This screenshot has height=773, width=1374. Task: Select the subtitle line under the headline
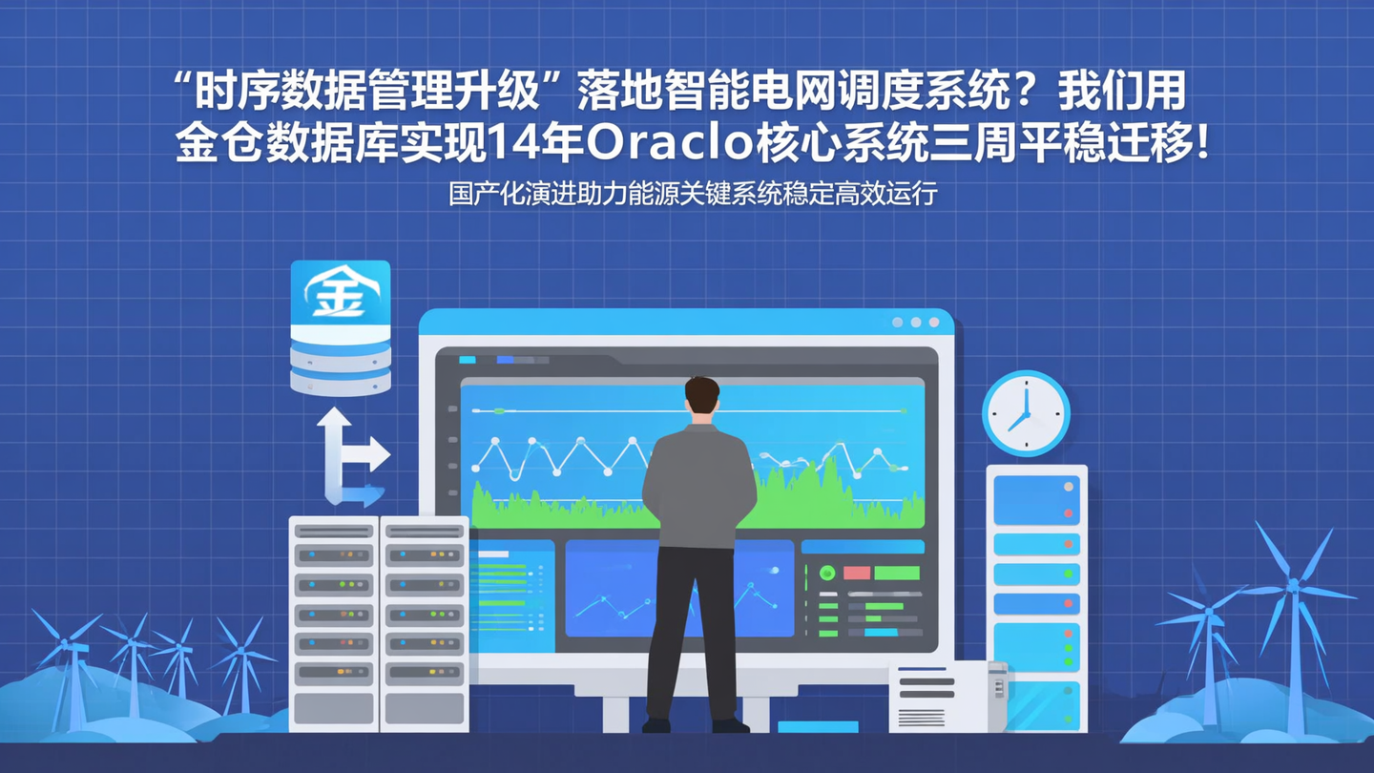[694, 194]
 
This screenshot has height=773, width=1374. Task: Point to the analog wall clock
[1026, 413]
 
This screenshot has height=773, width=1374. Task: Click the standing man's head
[701, 399]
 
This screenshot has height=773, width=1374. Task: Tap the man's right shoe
[731, 725]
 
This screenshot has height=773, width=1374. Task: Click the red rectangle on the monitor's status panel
[856, 573]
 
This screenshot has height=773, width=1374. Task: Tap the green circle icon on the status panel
[827, 573]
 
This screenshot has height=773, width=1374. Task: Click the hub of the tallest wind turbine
[1294, 584]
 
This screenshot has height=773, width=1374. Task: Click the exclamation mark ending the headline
[1200, 143]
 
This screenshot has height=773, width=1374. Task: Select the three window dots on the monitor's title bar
[915, 323]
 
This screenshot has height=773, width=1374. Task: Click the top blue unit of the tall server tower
[1035, 499]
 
